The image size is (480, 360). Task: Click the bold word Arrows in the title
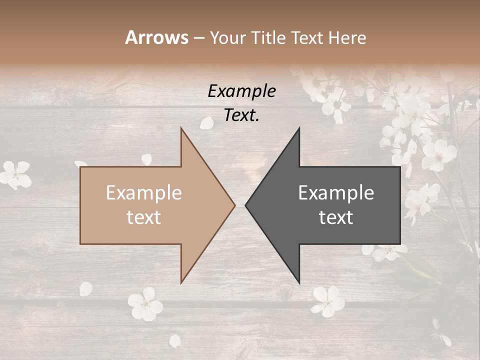click(157, 37)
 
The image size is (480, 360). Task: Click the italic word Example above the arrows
click(241, 91)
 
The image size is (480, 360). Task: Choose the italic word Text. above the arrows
click(241, 115)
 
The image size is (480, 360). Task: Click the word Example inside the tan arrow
click(144, 193)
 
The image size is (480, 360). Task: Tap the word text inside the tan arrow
click(144, 217)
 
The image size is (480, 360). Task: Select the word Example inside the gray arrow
click(336, 193)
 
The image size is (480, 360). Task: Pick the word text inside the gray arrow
click(336, 217)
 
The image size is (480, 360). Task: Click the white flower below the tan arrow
click(144, 304)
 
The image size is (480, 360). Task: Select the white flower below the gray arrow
click(327, 301)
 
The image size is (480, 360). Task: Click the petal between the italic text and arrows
click(206, 123)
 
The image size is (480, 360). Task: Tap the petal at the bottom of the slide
click(175, 341)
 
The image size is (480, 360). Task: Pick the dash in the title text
click(198, 38)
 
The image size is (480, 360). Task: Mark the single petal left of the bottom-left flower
click(86, 288)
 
